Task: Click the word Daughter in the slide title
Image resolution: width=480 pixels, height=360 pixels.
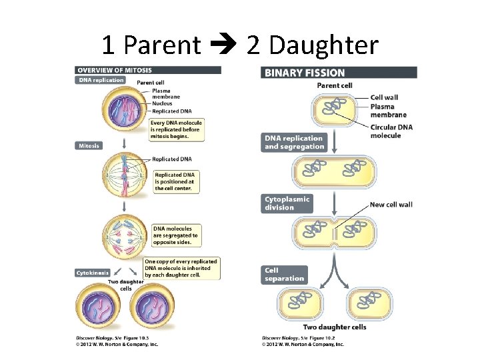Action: point(312,45)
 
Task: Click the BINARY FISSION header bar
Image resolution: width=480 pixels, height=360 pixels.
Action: point(339,73)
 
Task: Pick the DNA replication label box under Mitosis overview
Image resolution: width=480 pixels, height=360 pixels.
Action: point(101,80)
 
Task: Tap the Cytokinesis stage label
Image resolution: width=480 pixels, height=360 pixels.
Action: point(93,273)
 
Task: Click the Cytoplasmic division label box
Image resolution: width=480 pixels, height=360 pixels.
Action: point(287,203)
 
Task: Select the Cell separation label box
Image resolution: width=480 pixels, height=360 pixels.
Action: point(285,275)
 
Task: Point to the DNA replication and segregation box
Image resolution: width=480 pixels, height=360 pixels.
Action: point(295,143)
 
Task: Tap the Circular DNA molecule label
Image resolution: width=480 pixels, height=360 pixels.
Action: point(391,131)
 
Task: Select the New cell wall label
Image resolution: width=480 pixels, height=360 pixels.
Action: point(391,204)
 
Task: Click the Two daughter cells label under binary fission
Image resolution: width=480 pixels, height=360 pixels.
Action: point(334,327)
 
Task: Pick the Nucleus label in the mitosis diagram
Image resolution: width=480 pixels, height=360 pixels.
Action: point(162,103)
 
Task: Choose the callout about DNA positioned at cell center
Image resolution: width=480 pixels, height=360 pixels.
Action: point(173,181)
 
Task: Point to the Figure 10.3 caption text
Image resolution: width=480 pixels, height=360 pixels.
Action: point(116,340)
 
